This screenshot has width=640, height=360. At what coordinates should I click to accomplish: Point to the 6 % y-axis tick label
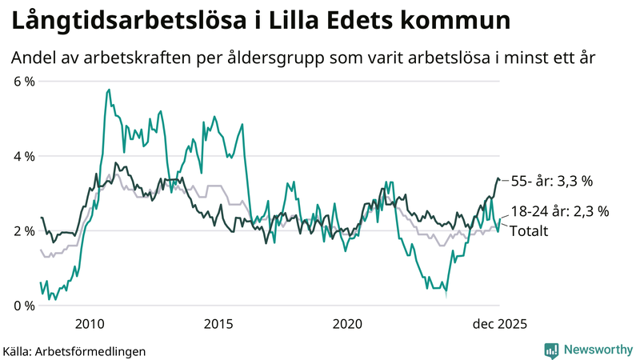coord(24,81)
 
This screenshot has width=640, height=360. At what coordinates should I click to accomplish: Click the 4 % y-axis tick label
coord(24,156)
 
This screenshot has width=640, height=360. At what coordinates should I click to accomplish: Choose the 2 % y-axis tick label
coord(24,231)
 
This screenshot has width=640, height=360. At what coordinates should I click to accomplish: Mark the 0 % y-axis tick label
coord(24,306)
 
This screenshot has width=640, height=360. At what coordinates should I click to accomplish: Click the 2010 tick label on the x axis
coord(89,323)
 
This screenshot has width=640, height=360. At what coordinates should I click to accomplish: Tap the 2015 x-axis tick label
coord(218,323)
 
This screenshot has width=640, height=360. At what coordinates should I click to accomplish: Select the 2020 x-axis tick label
coord(347,323)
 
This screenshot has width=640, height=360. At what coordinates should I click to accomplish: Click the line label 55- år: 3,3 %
coord(551,182)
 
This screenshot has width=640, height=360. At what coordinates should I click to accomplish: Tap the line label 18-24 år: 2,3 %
coord(560,212)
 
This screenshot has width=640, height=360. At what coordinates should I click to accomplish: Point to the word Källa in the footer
coord(22,350)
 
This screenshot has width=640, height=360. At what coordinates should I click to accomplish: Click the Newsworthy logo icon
coord(551,350)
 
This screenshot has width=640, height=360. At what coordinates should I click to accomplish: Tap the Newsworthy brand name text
coord(597,350)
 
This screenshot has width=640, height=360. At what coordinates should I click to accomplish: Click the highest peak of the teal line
coord(108,90)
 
